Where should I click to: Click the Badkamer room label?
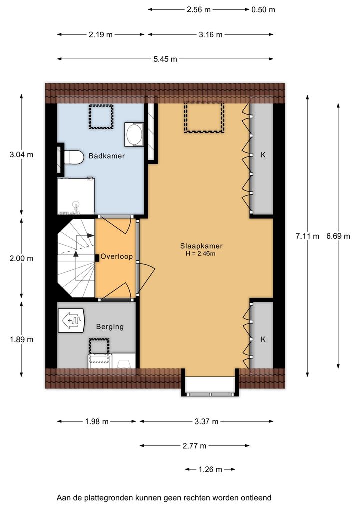107,156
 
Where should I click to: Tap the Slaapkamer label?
201,246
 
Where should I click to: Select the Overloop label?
117,257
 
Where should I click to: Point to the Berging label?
110,327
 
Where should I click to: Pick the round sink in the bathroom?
134,135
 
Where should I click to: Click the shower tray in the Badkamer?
76,196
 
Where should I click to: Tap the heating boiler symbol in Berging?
71,320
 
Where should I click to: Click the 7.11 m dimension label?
307,236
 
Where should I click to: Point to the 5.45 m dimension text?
165,59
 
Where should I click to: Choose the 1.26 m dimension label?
210,469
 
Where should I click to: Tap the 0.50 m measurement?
263,10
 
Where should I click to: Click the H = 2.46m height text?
200,254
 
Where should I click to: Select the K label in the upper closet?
263,155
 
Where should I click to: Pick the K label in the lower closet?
263,339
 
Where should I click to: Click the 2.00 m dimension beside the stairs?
21,258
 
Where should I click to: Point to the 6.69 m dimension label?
338,236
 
